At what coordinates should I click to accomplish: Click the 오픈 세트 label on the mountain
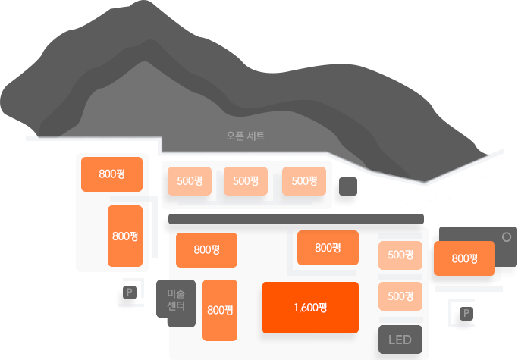245,136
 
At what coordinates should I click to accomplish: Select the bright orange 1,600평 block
310,308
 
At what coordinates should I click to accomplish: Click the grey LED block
400,340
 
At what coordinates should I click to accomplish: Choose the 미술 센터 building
176,302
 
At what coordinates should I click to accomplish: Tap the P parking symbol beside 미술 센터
129,292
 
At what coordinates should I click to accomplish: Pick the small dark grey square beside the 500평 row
348,186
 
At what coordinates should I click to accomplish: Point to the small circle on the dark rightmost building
507,237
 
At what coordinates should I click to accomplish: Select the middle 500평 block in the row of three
246,181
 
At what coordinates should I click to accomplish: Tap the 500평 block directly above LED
400,296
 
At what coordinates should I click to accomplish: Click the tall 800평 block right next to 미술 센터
220,310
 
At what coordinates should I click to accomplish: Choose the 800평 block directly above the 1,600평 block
328,248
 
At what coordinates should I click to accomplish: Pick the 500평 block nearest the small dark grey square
304,181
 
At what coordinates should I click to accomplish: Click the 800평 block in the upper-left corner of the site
112,174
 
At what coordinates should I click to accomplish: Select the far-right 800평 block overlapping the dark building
464,258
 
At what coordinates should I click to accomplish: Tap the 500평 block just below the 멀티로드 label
400,255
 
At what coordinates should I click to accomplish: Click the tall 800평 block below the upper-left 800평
125,236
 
